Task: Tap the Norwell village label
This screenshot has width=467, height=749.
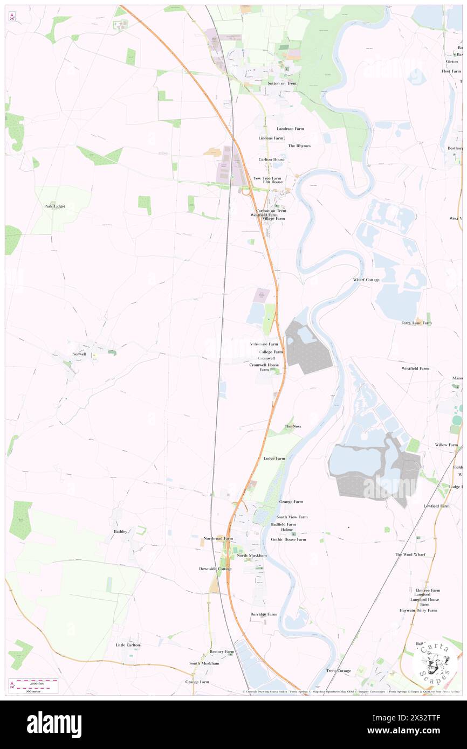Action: coord(79,354)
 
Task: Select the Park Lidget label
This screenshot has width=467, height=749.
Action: coord(54,206)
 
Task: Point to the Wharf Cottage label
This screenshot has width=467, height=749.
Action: coord(366,280)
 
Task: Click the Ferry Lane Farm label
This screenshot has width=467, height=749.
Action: coord(416,323)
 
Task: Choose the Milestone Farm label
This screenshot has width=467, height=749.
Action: coord(264,344)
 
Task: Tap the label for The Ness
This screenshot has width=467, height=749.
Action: coord(293,426)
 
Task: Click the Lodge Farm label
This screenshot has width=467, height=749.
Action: coord(274,459)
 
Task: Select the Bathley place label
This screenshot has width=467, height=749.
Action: coord(120,532)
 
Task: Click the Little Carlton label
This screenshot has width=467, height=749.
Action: coord(128,645)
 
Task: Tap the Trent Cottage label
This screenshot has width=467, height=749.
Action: coord(338,671)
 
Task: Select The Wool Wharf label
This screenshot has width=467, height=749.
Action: coord(410,554)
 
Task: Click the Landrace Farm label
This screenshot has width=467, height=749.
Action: coord(290,129)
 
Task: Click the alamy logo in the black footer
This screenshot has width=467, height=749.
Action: coord(54,724)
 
